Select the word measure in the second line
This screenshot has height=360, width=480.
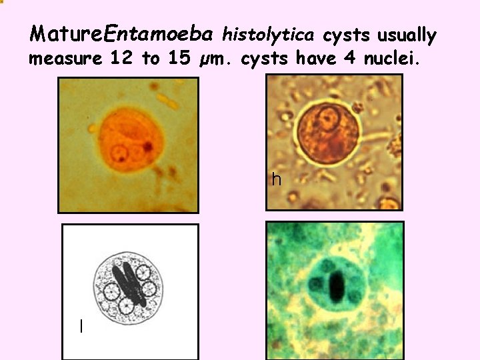point(65,59)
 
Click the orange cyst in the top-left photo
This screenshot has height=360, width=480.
point(128,143)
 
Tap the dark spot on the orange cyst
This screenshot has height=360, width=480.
point(149,145)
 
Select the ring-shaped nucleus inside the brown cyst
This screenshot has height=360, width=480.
point(327,119)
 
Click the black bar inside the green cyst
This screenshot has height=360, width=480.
point(337,287)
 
